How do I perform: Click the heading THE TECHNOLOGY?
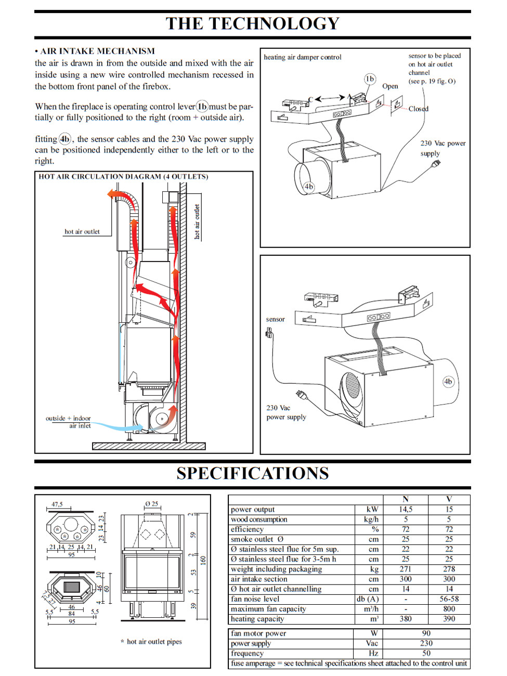(253, 23)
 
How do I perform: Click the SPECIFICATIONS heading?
(253, 473)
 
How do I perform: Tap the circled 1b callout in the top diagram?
(370, 79)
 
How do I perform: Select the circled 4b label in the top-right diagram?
(309, 186)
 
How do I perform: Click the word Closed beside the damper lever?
(419, 109)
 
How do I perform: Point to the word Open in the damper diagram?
(390, 86)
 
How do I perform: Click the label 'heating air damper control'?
(303, 57)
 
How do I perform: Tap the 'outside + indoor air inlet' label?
(68, 422)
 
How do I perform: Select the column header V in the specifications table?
(449, 499)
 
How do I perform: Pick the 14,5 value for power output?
(406, 510)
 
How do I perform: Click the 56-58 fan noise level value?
(449, 599)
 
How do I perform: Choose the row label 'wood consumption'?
(259, 519)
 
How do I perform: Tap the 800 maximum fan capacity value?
(449, 609)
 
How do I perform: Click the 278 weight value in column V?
(449, 569)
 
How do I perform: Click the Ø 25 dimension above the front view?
(152, 504)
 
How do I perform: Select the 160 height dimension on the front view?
(203, 560)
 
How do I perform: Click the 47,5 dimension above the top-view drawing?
(57, 504)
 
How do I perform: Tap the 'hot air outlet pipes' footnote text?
(154, 642)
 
